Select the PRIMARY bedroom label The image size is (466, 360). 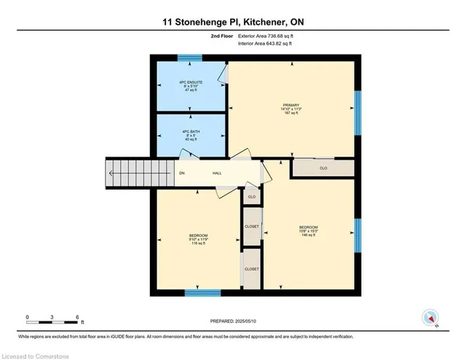[x=291, y=109]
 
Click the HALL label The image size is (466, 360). [x=217, y=173]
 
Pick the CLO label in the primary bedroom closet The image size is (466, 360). [x=323, y=168]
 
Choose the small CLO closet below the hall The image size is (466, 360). [x=251, y=197]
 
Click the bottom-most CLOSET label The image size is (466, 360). [x=251, y=269]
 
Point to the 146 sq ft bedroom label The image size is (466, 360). [x=308, y=231]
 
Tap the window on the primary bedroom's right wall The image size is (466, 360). [x=357, y=112]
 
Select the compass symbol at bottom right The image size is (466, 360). [x=430, y=318]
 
